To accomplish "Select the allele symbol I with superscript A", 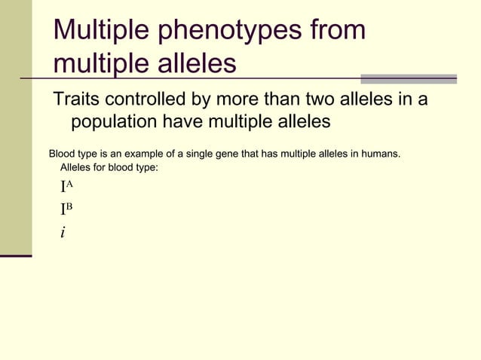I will click(x=66, y=188).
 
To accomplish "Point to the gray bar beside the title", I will click(x=408, y=78).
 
